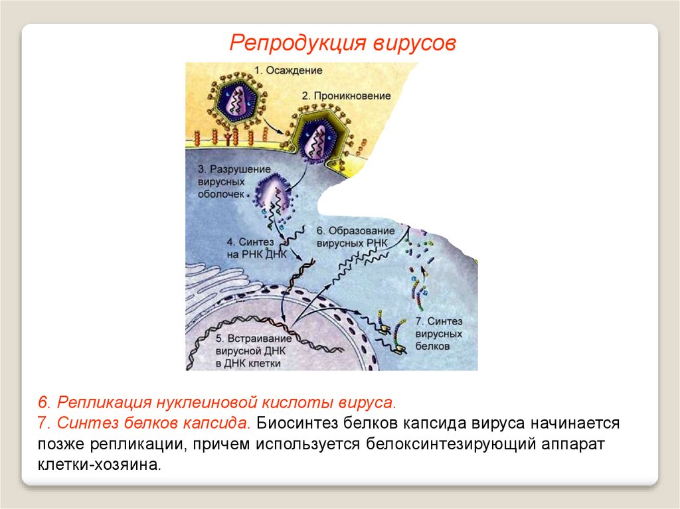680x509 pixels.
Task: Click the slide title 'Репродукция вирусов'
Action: (343, 43)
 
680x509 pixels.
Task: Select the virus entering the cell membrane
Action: (318, 138)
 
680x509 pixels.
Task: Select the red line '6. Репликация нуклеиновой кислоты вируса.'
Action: (216, 402)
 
